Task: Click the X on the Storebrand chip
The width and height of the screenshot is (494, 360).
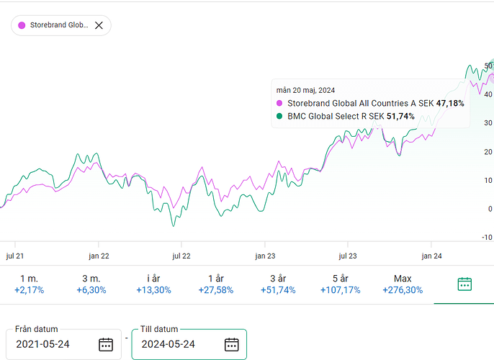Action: [x=99, y=25]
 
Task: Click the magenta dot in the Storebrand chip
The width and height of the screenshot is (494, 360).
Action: [x=22, y=25]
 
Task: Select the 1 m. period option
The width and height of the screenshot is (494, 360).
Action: [x=29, y=284]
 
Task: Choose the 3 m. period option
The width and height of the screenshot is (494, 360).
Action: [x=91, y=284]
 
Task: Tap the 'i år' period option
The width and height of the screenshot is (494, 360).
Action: [x=153, y=284]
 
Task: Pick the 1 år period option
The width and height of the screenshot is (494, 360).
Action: [x=215, y=284]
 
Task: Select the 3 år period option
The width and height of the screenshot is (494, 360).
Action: [x=277, y=284]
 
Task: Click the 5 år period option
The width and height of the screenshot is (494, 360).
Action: [x=340, y=284]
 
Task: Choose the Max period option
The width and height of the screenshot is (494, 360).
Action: [x=403, y=284]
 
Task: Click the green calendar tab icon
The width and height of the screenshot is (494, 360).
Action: [x=464, y=284]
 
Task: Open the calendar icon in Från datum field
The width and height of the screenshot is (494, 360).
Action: [x=106, y=344]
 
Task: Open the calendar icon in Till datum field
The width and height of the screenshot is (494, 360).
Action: [x=231, y=344]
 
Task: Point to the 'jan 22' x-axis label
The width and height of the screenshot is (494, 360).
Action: [x=99, y=256]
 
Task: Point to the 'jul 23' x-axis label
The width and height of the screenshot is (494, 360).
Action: [x=348, y=256]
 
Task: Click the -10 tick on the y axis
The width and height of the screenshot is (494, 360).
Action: [x=488, y=238]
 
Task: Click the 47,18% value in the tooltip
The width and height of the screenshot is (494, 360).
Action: [x=450, y=104]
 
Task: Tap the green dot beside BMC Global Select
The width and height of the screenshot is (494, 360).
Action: [x=279, y=116]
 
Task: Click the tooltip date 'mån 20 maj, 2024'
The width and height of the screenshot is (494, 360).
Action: [x=305, y=90]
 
